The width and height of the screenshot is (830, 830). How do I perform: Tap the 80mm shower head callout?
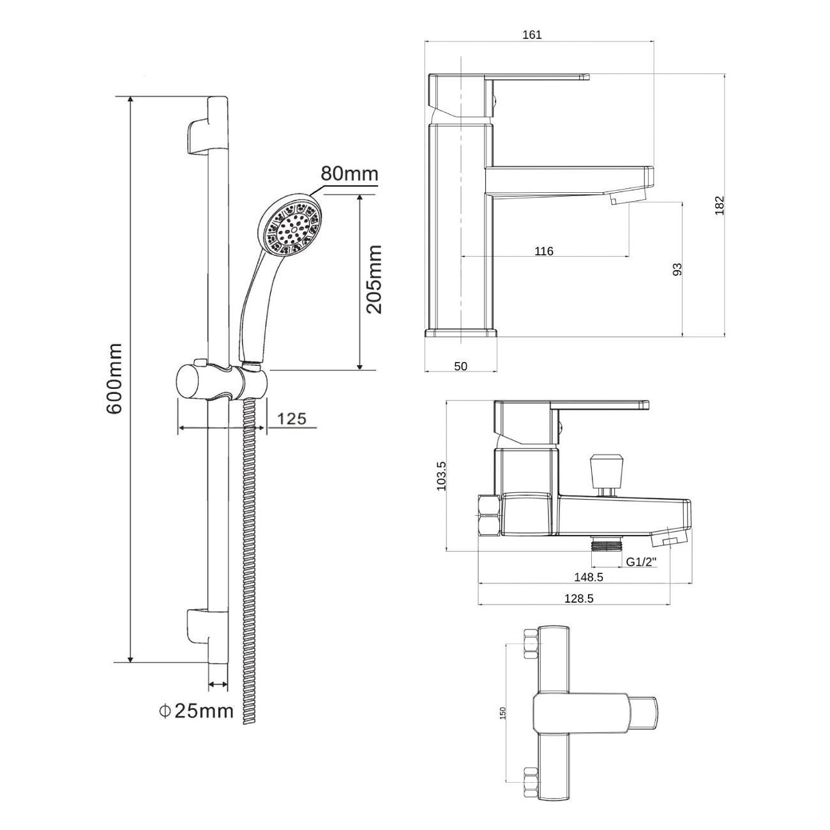click(349, 174)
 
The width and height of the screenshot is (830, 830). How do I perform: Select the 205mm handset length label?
click(373, 280)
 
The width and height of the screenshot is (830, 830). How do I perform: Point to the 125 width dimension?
click(291, 418)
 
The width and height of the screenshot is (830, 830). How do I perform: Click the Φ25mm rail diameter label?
click(196, 711)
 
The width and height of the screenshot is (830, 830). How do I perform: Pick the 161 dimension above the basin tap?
click(532, 35)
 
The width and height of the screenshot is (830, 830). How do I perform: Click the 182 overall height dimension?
click(720, 206)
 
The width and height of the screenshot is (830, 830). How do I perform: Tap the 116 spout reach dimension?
click(543, 251)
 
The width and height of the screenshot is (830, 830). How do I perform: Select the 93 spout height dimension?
click(677, 269)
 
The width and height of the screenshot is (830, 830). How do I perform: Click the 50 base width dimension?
click(460, 366)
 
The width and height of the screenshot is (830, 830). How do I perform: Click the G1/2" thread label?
click(642, 562)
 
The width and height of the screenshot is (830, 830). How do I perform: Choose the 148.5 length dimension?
click(589, 577)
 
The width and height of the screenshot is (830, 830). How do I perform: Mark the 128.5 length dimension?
click(578, 598)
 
